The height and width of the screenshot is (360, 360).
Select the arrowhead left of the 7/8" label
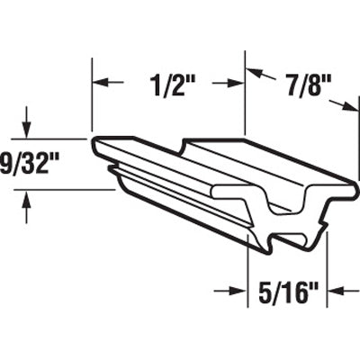coord(255,74)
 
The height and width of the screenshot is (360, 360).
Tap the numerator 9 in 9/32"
coord(8,166)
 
